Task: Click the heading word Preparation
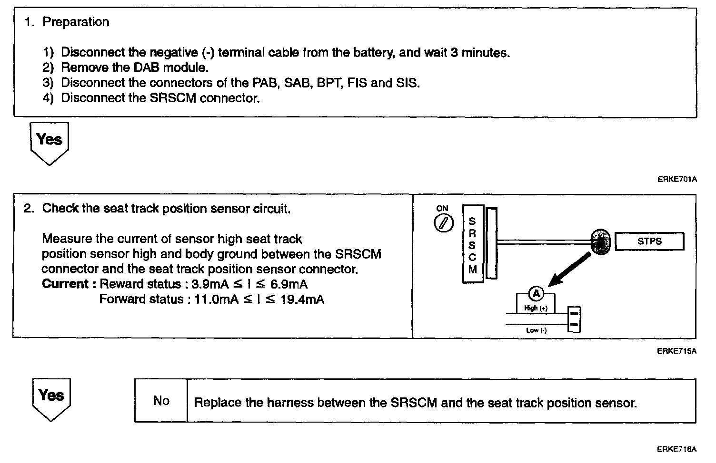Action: point(76,22)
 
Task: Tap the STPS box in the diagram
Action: point(649,241)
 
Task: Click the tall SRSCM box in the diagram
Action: point(472,244)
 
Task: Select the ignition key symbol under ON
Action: point(443,223)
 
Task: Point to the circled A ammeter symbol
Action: point(537,294)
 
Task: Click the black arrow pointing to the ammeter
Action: point(569,270)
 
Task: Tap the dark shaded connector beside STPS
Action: point(600,241)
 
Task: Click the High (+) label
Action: point(536,308)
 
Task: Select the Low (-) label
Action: point(536,330)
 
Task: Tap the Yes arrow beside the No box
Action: point(51,398)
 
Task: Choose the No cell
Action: point(161,401)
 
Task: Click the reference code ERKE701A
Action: point(676,179)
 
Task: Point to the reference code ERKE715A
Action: point(676,351)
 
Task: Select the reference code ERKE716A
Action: point(676,449)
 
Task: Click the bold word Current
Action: point(65,284)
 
